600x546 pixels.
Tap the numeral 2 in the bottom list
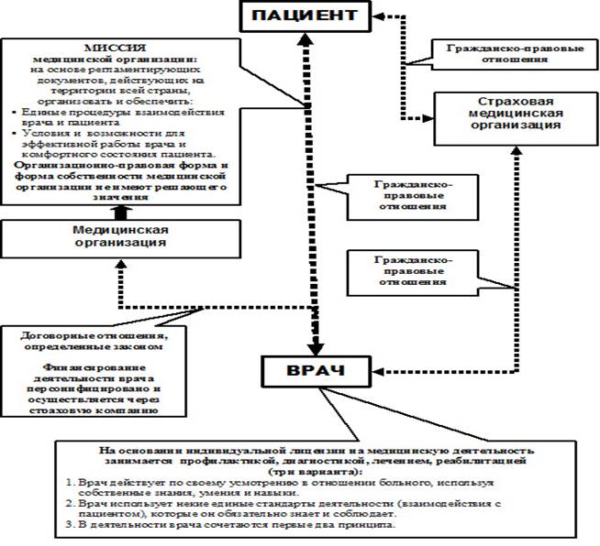(x=71, y=504)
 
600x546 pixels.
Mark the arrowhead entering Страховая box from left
(x=428, y=117)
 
